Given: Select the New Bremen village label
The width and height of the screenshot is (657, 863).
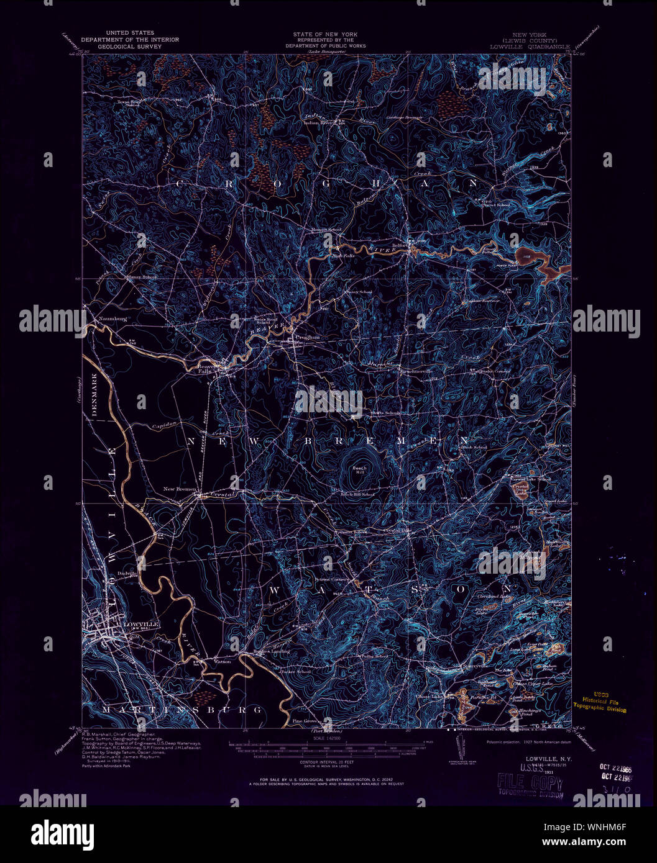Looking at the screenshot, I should [179, 489].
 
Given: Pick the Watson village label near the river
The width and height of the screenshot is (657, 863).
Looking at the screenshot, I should [223, 661].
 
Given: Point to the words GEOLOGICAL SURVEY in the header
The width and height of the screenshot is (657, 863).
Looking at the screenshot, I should [130, 46].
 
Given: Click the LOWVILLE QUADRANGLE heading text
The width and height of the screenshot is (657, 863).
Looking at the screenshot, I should [530, 46].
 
